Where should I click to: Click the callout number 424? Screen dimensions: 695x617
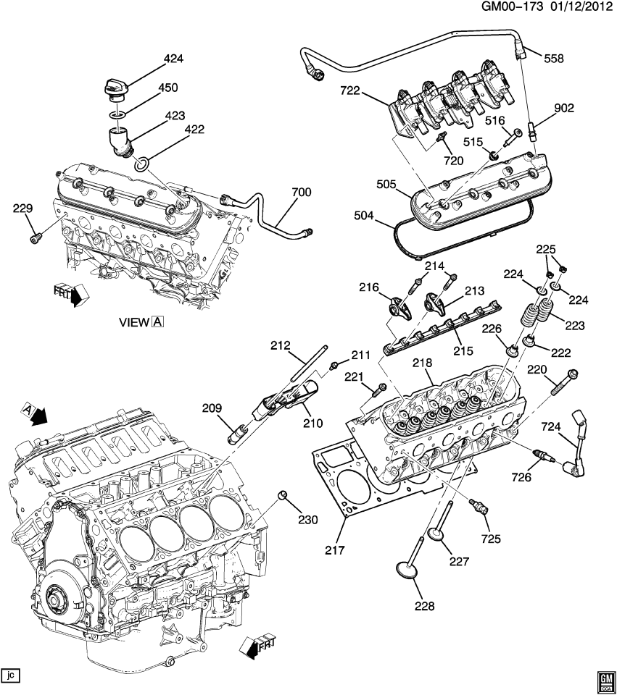pos(174,59)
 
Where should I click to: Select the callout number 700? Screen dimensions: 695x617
pos(300,193)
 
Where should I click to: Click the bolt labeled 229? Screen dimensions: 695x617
pos(35,237)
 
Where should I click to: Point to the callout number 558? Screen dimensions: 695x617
pos(553,59)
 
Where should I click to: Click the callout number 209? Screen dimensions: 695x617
pos(212,408)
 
